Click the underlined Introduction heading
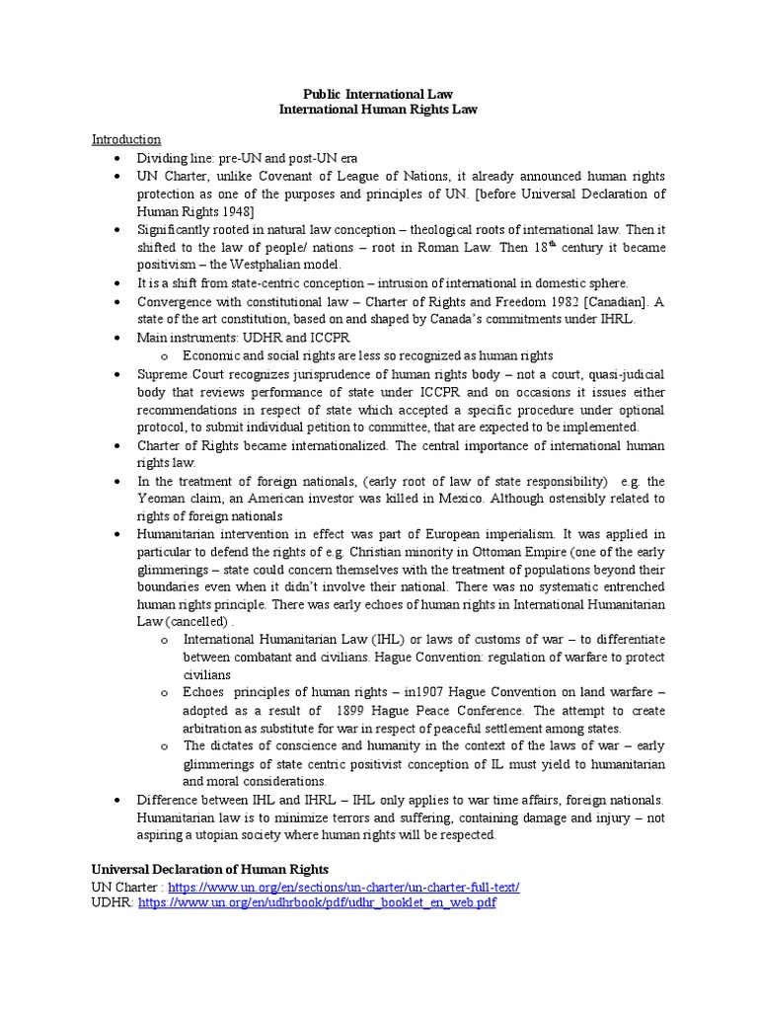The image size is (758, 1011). click(x=126, y=139)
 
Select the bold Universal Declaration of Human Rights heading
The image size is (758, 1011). click(x=209, y=869)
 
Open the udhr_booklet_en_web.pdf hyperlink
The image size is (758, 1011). click(x=316, y=903)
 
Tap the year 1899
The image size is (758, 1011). click(x=354, y=711)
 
